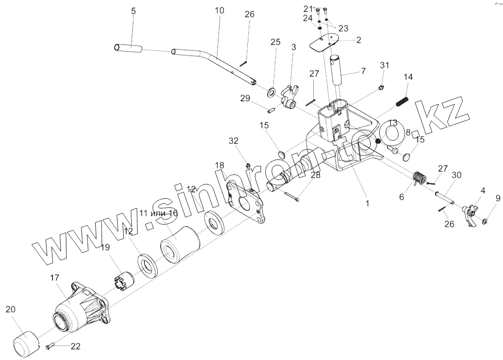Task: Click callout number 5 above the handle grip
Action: (133, 11)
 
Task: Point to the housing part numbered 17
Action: (81, 306)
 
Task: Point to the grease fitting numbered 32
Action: (248, 166)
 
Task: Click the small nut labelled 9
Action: (484, 221)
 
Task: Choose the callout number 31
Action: (384, 66)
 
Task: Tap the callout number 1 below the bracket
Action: (367, 204)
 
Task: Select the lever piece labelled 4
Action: (470, 213)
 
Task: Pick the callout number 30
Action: (457, 174)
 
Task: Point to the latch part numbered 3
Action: (291, 96)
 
